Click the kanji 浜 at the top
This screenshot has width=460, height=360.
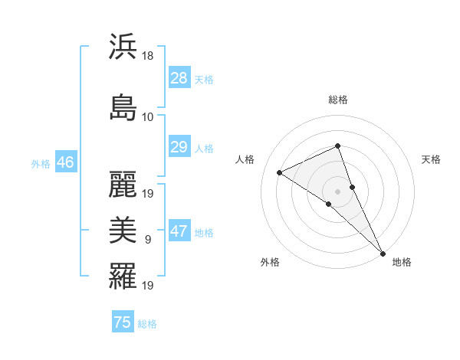click(x=123, y=47)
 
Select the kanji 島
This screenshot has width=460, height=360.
click(x=123, y=107)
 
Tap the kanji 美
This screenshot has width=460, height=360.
click(x=123, y=228)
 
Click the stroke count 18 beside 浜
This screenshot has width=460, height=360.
click(x=149, y=56)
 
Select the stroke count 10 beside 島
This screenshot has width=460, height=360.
click(x=148, y=116)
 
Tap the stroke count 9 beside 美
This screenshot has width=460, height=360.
click(x=148, y=239)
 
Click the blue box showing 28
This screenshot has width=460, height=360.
click(x=179, y=78)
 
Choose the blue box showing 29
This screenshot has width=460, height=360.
click(x=179, y=147)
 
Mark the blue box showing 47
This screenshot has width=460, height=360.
click(x=179, y=231)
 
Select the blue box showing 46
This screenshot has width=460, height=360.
click(x=64, y=162)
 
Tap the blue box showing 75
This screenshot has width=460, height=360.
click(x=123, y=322)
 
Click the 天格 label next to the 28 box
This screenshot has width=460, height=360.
click(x=204, y=79)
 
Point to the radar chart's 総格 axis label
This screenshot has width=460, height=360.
click(x=337, y=100)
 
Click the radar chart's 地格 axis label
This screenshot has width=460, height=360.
click(x=402, y=262)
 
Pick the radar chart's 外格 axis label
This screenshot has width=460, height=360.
click(x=270, y=262)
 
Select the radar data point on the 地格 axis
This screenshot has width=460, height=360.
click(x=383, y=252)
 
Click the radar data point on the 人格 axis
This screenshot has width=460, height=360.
click(x=280, y=172)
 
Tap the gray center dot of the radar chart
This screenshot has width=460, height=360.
click(x=337, y=191)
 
